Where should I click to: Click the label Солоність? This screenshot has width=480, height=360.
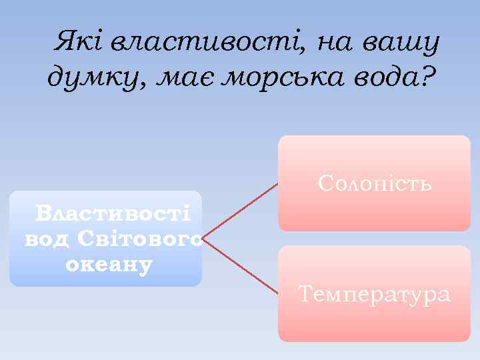[375, 183]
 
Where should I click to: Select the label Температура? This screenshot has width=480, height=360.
[374, 293]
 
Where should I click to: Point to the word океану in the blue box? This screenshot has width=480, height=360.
[109, 263]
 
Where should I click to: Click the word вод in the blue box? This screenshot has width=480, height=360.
[48, 238]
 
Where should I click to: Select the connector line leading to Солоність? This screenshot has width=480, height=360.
[241, 209]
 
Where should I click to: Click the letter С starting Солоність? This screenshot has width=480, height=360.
[326, 183]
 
